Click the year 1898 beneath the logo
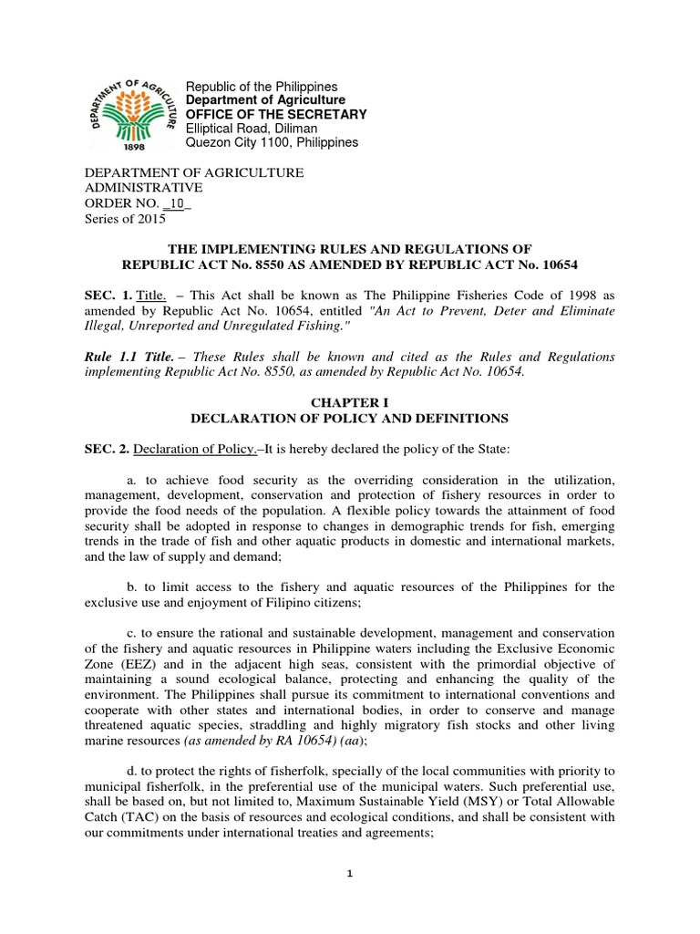[x=133, y=145]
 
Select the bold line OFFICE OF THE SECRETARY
[x=276, y=114]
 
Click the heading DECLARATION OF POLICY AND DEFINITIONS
[x=349, y=419]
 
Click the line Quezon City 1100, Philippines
[x=272, y=143]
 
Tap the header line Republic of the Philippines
[x=261, y=87]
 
